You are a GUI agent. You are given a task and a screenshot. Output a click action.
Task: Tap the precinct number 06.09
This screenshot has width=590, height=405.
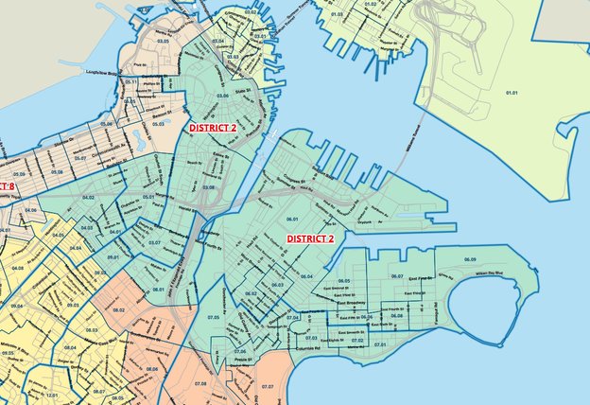point(470,258)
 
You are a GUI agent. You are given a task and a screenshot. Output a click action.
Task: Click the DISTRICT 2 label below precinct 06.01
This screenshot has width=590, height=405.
point(310,239)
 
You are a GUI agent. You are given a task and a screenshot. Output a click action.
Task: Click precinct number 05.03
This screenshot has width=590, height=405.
point(158,123)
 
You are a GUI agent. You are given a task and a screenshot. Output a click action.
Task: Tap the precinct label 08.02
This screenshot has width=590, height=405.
point(119,309)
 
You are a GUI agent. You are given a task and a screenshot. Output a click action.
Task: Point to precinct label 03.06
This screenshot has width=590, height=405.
point(223,97)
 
